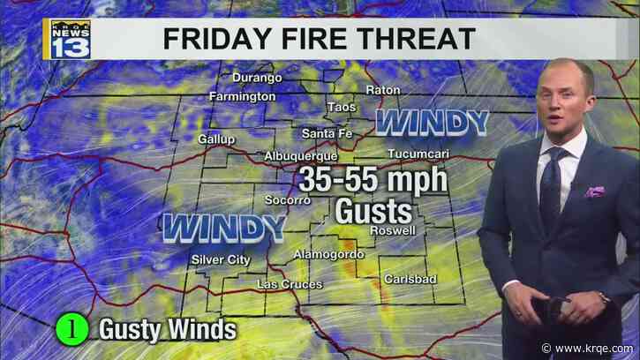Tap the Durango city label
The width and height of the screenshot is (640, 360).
click(x=258, y=78)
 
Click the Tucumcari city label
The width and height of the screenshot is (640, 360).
click(x=415, y=154)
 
